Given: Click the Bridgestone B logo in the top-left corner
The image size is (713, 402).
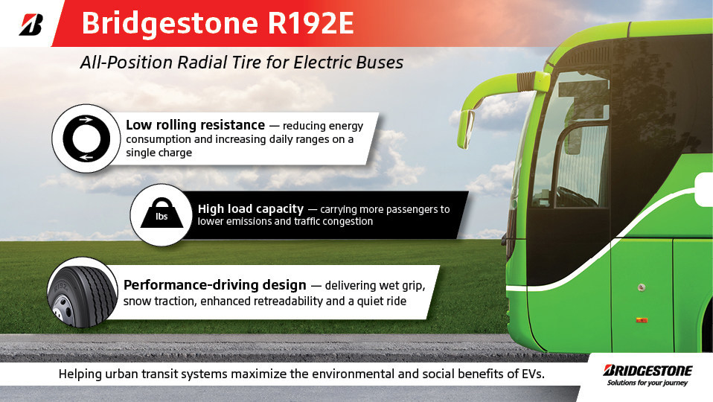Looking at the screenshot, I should tap(31, 24).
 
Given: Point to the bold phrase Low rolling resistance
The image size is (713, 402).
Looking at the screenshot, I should tap(195, 124).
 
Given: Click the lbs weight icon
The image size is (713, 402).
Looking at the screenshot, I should tap(162, 214).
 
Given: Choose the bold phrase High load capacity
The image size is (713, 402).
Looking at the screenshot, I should tap(250, 209).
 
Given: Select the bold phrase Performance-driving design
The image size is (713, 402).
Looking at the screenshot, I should tap(214, 285).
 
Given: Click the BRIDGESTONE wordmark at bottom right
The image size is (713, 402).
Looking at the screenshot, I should tap(648, 370).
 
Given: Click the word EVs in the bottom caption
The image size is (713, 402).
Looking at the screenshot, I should tap(531, 374).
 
